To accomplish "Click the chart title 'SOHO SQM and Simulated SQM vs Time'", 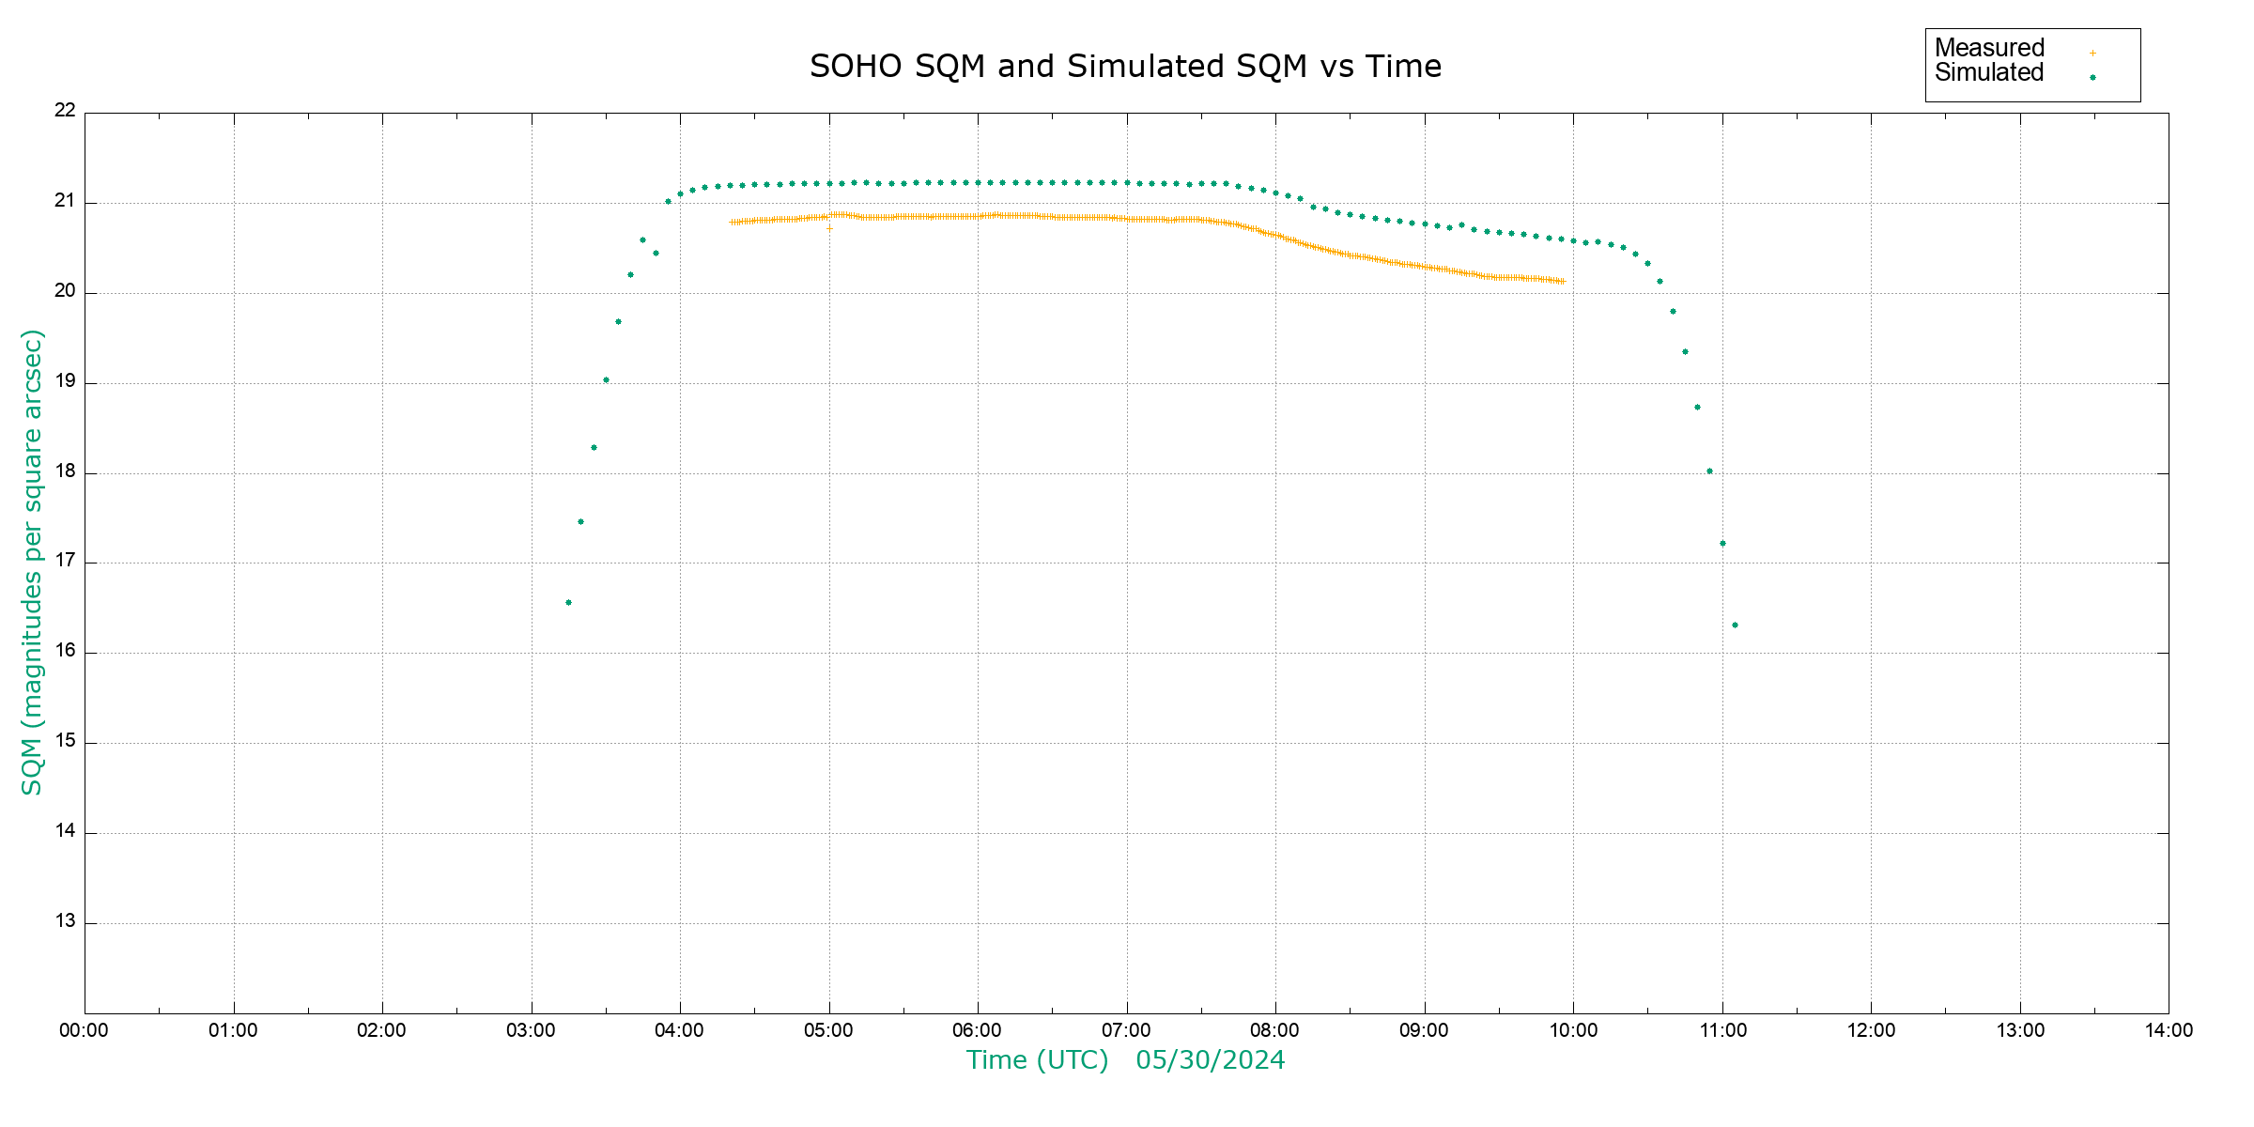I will click(1125, 67).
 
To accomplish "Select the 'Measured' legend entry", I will click(1989, 48).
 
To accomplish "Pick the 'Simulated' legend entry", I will click(1989, 73).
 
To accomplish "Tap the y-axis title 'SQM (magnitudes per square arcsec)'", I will click(32, 562).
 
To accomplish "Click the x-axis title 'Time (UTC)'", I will click(1037, 1060).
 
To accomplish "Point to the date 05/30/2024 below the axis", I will click(1210, 1060).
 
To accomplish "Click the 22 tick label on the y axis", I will click(65, 111).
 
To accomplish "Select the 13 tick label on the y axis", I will click(65, 921).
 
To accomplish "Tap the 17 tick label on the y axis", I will click(65, 562).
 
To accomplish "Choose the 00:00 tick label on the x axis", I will click(84, 1030).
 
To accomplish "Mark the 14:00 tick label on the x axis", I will click(2169, 1030).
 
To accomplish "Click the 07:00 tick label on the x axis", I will click(1125, 1030).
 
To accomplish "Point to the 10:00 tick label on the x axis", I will click(1573, 1030).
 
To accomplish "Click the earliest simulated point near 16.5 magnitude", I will click(568, 603).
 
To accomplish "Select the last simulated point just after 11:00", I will click(1735, 625).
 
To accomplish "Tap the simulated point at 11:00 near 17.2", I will click(1722, 544).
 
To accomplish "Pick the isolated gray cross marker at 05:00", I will click(829, 228).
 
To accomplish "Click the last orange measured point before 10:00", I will click(1563, 282).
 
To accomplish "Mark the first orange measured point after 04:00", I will click(732, 223).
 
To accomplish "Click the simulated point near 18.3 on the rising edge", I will click(594, 448).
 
